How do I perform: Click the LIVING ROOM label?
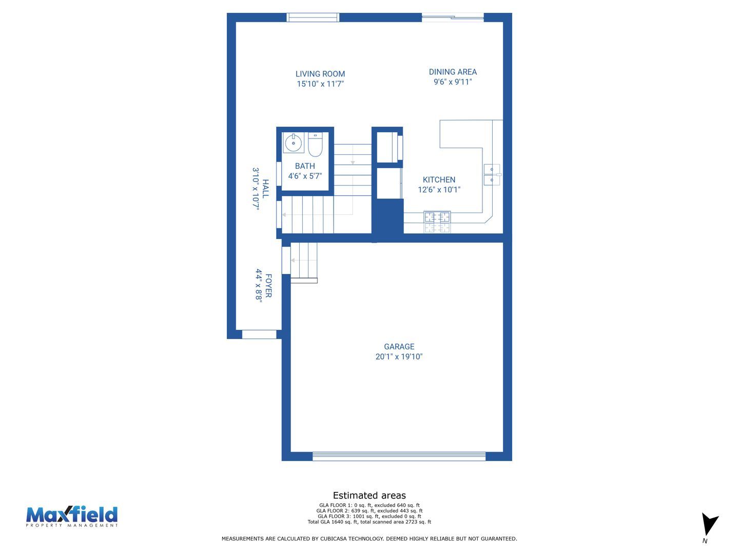pyautogui.click(x=320, y=74)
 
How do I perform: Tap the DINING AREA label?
pyautogui.click(x=453, y=72)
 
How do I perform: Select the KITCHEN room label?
pyautogui.click(x=439, y=180)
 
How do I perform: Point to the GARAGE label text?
pyautogui.click(x=399, y=347)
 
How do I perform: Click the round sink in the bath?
pyautogui.click(x=293, y=143)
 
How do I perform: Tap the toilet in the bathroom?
pyautogui.click(x=315, y=145)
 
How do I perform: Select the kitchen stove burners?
pyautogui.click(x=437, y=222)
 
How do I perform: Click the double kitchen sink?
pyautogui.click(x=492, y=174)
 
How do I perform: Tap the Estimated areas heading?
pyautogui.click(x=369, y=496)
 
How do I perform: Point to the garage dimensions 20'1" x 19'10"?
pyautogui.click(x=399, y=357)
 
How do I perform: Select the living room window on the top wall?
pyautogui.click(x=313, y=17)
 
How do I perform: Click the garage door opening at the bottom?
pyautogui.click(x=399, y=457)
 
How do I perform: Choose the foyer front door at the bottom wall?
pyautogui.click(x=259, y=334)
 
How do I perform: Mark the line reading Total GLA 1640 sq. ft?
pyautogui.click(x=369, y=522)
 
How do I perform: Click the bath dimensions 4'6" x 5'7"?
pyautogui.click(x=305, y=176)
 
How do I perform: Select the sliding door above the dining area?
pyautogui.click(x=453, y=17)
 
